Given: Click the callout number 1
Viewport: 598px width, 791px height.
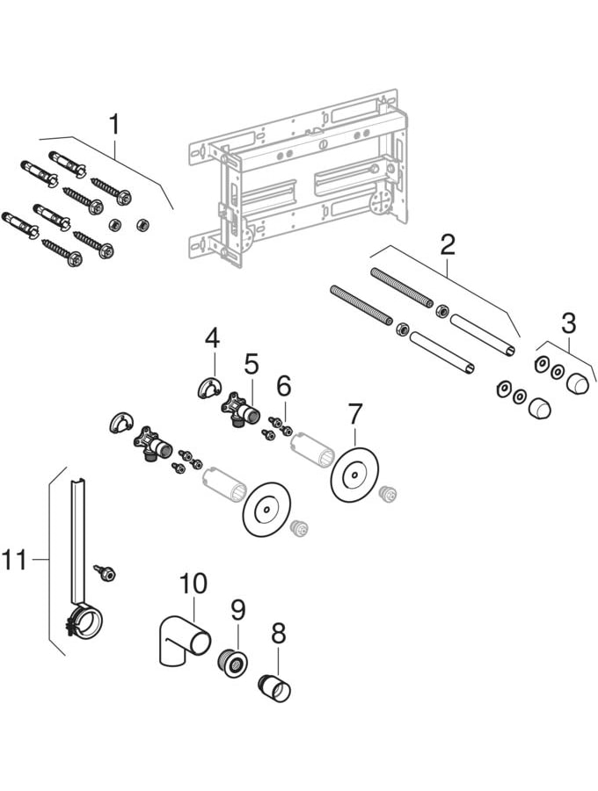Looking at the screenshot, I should coord(113,125).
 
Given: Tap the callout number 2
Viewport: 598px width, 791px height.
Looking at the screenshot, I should coord(448,244).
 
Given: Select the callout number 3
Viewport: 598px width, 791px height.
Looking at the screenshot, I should coord(569,323).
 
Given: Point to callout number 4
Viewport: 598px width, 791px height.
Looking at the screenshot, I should coord(212,337).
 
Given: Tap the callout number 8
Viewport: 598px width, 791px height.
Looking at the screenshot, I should coord(279,632).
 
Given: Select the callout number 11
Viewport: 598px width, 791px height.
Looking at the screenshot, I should coord(15,559).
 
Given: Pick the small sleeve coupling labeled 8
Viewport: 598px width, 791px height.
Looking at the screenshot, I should coord(273,687).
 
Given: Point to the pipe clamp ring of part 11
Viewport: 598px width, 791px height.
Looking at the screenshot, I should coord(88,621).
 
